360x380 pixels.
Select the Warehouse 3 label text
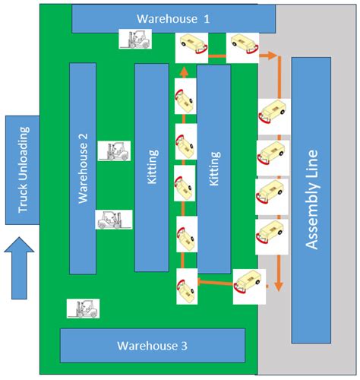pos(152,346)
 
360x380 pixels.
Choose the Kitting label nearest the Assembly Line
pos(215,169)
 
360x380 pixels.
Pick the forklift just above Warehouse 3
pos(83,308)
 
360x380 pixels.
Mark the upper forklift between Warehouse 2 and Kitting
pos(114,150)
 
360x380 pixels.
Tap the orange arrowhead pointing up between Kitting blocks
pos(182,71)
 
